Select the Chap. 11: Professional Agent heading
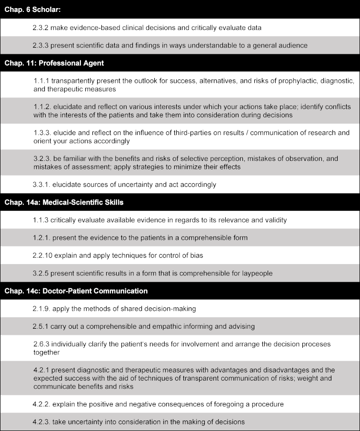pyautogui.click(x=54, y=63)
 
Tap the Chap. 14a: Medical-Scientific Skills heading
pyautogui.click(x=64, y=202)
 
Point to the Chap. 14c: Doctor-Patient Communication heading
pyautogui.click(x=76, y=291)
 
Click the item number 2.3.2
pyautogui.click(x=41, y=28)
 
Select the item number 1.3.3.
pyautogui.click(x=41, y=133)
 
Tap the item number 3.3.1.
pyautogui.click(x=41, y=185)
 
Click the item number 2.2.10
pyautogui.click(x=43, y=255)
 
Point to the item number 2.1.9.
pyautogui.click(x=41, y=309)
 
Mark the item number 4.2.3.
pyautogui.click(x=41, y=421)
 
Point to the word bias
pyautogui.click(x=196, y=255)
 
